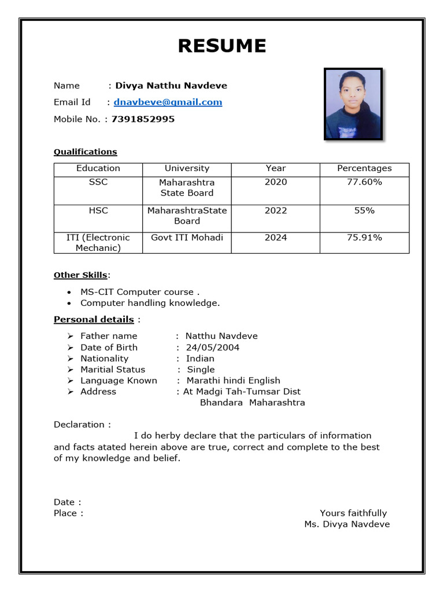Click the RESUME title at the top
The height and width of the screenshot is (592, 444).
[x=222, y=46]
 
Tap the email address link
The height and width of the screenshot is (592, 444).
[x=168, y=102]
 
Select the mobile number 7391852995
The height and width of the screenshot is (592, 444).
[x=143, y=119]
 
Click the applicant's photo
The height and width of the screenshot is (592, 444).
[x=353, y=105]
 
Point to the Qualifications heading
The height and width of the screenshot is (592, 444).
[x=85, y=152]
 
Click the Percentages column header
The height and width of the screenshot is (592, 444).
[x=364, y=168]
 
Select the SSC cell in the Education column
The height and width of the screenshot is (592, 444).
[x=98, y=182]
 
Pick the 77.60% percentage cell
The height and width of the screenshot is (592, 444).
[x=364, y=182]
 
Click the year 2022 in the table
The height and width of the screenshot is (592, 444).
[x=275, y=210]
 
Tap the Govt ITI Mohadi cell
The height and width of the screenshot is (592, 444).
[x=187, y=238]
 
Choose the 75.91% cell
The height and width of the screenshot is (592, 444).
[x=364, y=238]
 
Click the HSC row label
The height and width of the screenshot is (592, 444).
[x=98, y=210]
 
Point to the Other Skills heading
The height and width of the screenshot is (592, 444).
[x=80, y=275]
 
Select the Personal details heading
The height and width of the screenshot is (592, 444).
[x=94, y=320]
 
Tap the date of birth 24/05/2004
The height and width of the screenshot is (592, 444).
[x=212, y=347]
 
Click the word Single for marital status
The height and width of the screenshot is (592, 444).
[x=201, y=369]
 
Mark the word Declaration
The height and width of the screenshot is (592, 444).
[x=79, y=424]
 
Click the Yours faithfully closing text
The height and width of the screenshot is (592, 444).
[x=353, y=513]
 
